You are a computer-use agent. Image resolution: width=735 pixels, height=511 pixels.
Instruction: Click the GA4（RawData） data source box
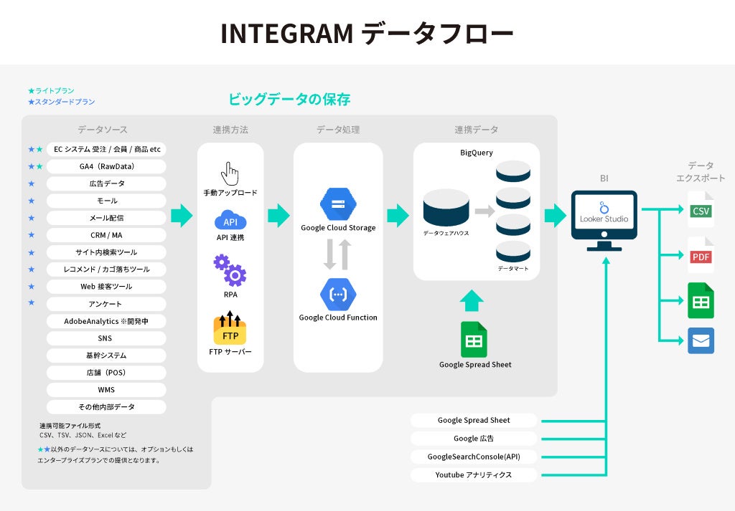(x=106, y=166)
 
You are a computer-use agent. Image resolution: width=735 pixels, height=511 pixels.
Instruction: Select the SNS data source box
(x=106, y=338)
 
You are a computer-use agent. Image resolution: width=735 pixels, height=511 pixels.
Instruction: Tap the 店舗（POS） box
(x=106, y=373)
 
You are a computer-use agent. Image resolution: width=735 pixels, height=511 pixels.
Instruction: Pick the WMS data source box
(x=106, y=390)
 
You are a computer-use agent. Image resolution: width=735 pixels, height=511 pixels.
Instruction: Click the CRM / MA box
(x=106, y=235)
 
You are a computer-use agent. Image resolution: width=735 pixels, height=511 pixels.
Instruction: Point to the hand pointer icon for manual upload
(x=230, y=173)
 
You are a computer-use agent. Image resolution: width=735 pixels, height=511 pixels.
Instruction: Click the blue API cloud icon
(x=230, y=220)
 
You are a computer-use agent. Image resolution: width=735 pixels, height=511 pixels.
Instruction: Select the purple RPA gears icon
(x=230, y=270)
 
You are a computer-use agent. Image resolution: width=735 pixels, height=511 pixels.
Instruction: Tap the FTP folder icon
(x=230, y=329)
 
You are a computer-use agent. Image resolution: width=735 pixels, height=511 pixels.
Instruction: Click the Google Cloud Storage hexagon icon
(x=338, y=205)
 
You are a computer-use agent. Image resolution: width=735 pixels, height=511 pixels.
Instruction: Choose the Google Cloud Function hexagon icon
(x=338, y=295)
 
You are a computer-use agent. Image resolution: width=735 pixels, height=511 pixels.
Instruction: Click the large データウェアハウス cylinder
(x=446, y=208)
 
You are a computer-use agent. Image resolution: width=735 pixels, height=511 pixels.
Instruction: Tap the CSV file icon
(x=701, y=210)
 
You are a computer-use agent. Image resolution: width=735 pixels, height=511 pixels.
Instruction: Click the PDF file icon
(x=701, y=256)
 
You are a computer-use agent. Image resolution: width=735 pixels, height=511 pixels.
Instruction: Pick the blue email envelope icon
(x=701, y=340)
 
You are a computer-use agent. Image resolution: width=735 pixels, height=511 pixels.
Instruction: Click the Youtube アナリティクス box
(x=474, y=474)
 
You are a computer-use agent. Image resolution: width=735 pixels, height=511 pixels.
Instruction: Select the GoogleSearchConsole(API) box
(x=474, y=457)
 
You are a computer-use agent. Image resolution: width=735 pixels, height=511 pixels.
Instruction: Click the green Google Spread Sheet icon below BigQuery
(x=474, y=340)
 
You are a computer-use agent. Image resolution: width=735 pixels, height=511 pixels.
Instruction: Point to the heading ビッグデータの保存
(x=289, y=100)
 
